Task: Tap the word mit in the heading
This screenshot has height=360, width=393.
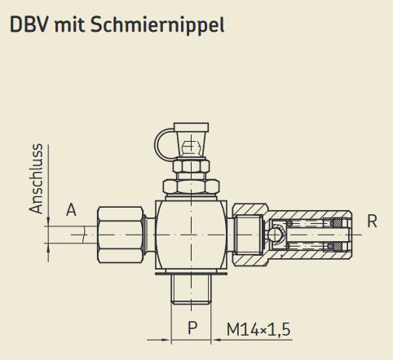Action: click(70, 24)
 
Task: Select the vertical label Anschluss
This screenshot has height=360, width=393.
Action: click(35, 179)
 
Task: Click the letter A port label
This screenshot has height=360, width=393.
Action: click(71, 210)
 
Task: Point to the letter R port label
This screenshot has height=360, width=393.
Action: click(372, 221)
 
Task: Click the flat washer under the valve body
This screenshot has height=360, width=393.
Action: click(192, 270)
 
